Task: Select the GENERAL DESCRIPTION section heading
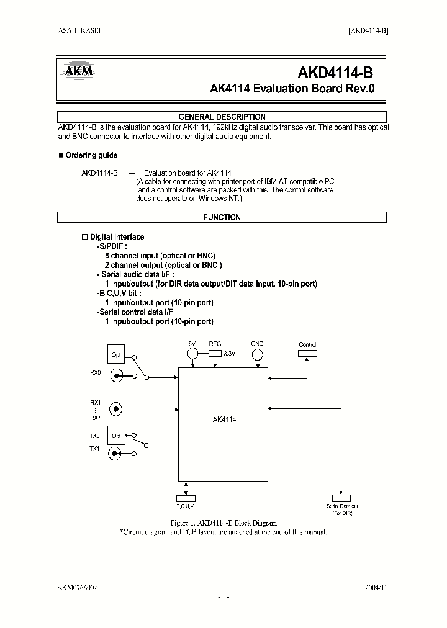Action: pyautogui.click(x=222, y=117)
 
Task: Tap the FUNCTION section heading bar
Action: pyautogui.click(x=222, y=218)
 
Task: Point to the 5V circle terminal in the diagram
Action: pyautogui.click(x=192, y=354)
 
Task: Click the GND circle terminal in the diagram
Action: pyautogui.click(x=257, y=354)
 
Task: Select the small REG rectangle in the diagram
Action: pyautogui.click(x=215, y=352)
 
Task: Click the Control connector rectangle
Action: pyautogui.click(x=307, y=353)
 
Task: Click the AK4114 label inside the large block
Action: pyautogui.click(x=224, y=419)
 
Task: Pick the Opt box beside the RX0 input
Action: pyautogui.click(x=116, y=355)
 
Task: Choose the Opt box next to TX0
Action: pyautogui.click(x=116, y=436)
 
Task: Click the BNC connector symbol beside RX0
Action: pyautogui.click(x=115, y=375)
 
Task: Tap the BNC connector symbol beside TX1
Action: pyautogui.click(x=115, y=454)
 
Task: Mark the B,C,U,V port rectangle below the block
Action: pyautogui.click(x=186, y=498)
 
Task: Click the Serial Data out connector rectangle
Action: pyautogui.click(x=341, y=498)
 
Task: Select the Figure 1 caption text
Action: pyautogui.click(x=223, y=523)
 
